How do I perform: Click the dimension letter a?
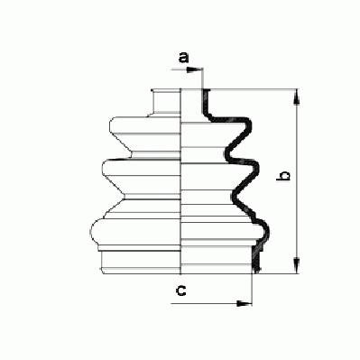183,57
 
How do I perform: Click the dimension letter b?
283,176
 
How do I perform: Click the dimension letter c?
181,291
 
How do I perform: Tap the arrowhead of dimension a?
194,69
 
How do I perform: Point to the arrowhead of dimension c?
244,303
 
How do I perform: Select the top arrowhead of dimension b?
297,97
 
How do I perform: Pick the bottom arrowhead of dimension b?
297,266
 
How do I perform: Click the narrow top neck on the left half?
166,102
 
